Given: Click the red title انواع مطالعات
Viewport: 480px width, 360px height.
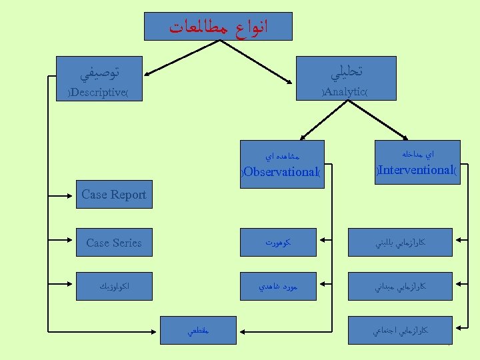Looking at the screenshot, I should pyautogui.click(x=219, y=27).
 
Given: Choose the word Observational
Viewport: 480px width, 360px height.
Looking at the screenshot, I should pyautogui.click(x=281, y=172).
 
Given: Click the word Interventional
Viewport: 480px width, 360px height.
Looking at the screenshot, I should pyautogui.click(x=417, y=170).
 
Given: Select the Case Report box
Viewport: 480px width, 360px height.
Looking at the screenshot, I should pyautogui.click(x=113, y=195).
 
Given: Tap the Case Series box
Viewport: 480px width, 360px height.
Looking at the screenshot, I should pyautogui.click(x=113, y=243).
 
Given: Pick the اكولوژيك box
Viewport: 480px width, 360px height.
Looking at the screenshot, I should pyautogui.click(x=113, y=287).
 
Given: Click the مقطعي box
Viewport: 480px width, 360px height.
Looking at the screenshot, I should pyautogui.click(x=198, y=330).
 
